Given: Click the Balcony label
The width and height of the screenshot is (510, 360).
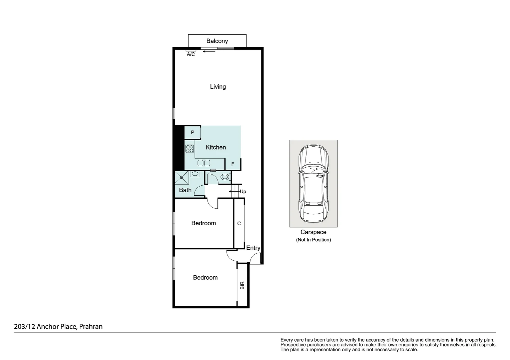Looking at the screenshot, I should [217, 41].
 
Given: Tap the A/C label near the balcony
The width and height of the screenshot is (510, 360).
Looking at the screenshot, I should [191, 54].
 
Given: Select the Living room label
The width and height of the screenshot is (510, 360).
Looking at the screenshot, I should [218, 87].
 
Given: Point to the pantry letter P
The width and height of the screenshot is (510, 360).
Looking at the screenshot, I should [192, 132].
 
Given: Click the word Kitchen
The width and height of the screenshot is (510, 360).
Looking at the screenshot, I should [216, 147].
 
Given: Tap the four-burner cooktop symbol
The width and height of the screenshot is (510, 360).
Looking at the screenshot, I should [190, 149].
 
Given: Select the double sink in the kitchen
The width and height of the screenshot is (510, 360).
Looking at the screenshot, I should [204, 163].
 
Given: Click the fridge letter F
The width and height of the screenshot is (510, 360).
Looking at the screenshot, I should [233, 164].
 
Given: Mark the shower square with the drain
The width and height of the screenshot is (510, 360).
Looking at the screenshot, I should [182, 177].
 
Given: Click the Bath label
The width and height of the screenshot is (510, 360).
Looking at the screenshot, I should [185, 190].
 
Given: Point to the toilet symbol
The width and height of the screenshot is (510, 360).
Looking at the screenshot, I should [225, 177].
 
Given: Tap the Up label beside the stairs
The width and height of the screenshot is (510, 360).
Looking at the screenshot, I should [243, 192].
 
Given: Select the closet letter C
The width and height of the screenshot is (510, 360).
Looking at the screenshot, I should [239, 223].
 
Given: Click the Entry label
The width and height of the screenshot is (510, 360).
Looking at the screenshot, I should [253, 248].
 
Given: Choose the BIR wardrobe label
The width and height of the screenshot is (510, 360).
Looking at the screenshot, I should [242, 285].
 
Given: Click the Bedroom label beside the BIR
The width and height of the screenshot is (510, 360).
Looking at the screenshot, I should [205, 278].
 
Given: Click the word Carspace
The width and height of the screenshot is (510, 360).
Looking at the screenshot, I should [313, 232].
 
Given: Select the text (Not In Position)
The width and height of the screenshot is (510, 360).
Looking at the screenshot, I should [313, 240].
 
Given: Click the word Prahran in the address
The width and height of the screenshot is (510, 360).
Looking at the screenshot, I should [91, 327].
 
